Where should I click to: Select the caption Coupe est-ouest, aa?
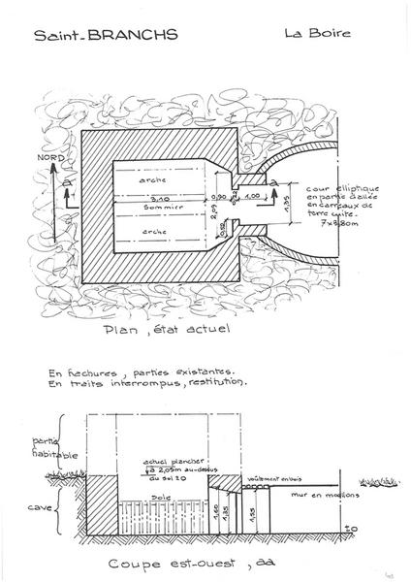191,560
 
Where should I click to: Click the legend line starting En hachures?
142,371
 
